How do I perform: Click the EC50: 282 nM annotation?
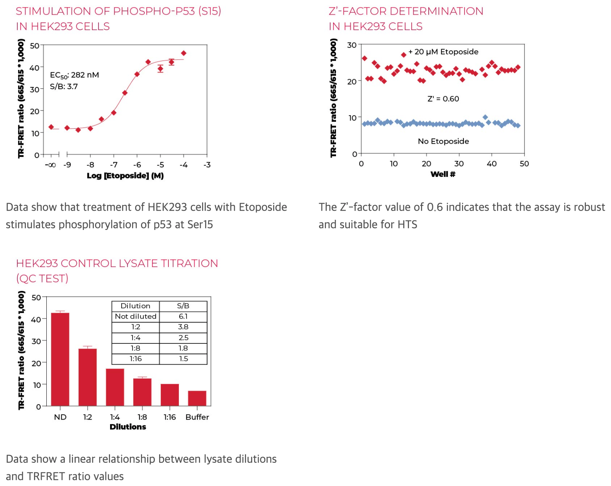[x=74, y=75]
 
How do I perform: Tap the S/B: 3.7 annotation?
[x=64, y=87]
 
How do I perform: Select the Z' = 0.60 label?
[x=443, y=99]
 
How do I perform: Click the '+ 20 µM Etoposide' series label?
[x=443, y=52]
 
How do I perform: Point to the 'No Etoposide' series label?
[x=443, y=141]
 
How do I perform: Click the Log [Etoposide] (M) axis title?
[x=125, y=176]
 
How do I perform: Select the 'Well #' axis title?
[x=443, y=174]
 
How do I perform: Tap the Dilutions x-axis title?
[x=128, y=427]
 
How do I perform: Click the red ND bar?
[x=60, y=359]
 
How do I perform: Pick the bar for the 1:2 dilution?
[x=88, y=377]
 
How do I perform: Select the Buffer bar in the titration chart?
[x=197, y=398]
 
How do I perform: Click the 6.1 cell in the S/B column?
[x=183, y=316]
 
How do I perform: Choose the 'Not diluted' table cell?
[x=136, y=316]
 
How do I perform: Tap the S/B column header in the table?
[x=183, y=306]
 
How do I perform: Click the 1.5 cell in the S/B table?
[x=183, y=359]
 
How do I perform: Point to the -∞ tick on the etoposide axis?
[x=51, y=165]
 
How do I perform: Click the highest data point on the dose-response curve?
[x=184, y=53]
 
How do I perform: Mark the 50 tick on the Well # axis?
[x=524, y=164]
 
